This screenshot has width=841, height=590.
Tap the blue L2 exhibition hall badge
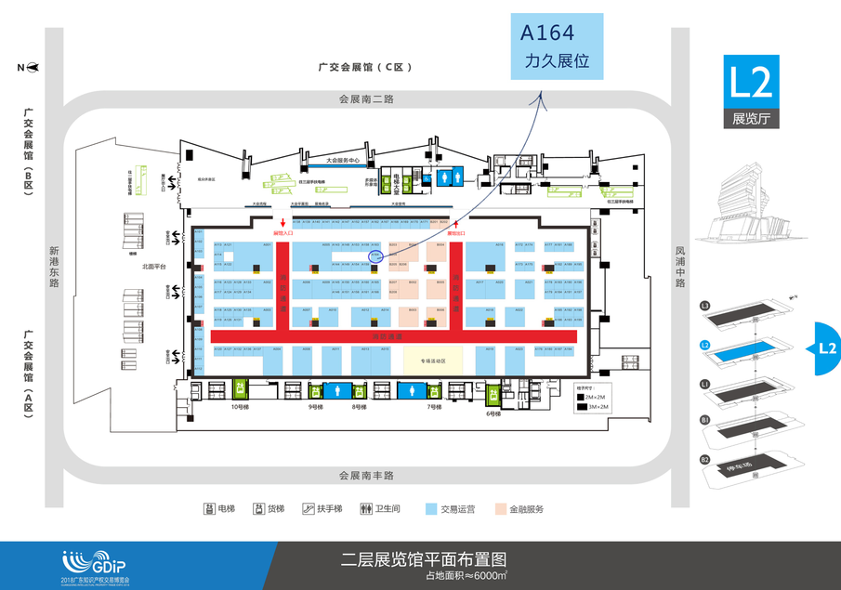pyautogui.click(x=751, y=91)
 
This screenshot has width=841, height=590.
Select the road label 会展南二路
pyautogui.click(x=366, y=98)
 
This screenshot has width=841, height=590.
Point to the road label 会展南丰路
pyautogui.click(x=366, y=475)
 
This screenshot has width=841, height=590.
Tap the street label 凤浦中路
pyautogui.click(x=679, y=268)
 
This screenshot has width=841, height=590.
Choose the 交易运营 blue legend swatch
pyautogui.click(x=431, y=509)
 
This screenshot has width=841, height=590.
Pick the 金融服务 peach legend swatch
pyautogui.click(x=501, y=509)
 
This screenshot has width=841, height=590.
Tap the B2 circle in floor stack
pyautogui.click(x=705, y=459)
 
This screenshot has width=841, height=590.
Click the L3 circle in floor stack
pyautogui.click(x=705, y=306)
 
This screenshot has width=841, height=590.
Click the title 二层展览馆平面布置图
pyautogui.click(x=425, y=559)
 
